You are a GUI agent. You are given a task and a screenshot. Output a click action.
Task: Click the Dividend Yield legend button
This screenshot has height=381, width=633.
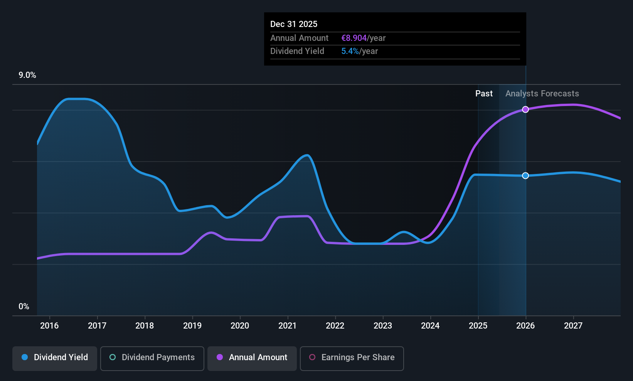pos(54,358)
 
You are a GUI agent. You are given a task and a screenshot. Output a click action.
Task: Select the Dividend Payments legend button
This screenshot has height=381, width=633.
pos(152,358)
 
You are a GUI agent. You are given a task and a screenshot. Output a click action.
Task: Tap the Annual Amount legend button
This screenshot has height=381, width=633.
pos(252,358)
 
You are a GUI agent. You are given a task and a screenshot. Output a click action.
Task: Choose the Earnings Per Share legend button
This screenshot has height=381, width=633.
pos(352,358)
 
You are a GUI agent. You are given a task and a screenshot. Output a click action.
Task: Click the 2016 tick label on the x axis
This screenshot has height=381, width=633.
pos(49,325)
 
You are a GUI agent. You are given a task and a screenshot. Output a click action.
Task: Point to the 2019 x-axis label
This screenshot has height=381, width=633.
pos(192,325)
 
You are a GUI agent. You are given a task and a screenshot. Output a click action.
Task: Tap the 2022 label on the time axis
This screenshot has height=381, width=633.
pos(335,325)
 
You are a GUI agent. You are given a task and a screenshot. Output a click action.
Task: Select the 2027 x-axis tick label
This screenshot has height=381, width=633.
pos(573,325)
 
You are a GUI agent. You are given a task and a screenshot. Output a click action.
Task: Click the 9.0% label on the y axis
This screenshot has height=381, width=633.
pos(27,75)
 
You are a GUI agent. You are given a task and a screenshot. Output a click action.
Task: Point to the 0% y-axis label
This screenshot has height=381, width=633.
pos(24,307)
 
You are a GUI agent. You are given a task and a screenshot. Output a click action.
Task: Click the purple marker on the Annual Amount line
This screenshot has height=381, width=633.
pos(525,110)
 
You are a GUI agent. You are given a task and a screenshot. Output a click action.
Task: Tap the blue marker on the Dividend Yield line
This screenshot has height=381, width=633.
pos(525,176)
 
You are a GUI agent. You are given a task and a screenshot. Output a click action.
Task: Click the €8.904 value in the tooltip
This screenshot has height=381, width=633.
pos(354,38)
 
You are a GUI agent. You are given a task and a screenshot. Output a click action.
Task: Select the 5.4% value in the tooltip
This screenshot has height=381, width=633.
pos(350,51)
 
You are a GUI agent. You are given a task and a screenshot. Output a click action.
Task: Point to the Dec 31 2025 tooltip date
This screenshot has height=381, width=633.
pos(294,24)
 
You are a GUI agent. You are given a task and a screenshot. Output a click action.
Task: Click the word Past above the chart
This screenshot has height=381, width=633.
pos(484,94)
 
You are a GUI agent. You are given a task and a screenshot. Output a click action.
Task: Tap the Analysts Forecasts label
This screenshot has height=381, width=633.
pos(542,94)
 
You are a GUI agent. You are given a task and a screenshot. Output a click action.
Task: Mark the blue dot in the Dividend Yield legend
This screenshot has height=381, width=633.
pos(25,357)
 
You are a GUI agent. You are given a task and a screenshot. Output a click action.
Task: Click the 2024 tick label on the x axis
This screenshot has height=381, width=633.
pos(430,325)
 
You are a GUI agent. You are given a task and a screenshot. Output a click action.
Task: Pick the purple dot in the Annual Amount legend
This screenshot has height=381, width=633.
pos(220,357)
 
